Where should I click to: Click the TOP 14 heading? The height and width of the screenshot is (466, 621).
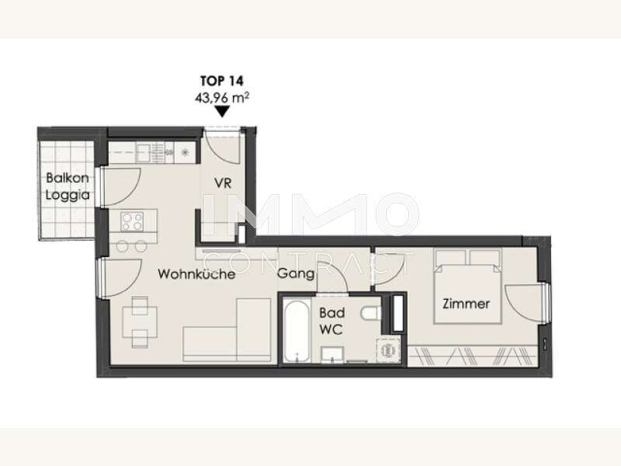[222, 81]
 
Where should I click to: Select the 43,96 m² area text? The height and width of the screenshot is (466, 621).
[222, 98]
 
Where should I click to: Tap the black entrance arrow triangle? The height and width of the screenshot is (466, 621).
[222, 112]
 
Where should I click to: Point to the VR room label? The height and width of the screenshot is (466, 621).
[223, 183]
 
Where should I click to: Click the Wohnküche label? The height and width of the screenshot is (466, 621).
[196, 274]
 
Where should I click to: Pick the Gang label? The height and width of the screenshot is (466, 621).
[296, 274]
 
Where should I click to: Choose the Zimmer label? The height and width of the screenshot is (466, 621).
[467, 304]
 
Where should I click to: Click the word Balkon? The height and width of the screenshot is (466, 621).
[68, 178]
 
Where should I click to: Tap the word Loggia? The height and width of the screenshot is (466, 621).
[68, 195]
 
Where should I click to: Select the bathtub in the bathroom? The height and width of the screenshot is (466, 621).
[297, 331]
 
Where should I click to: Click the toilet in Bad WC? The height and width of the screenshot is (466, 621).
[371, 313]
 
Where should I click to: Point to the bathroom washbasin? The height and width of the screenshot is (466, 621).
[332, 354]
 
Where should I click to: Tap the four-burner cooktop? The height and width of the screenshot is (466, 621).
[132, 221]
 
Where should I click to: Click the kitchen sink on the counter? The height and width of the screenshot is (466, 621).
[144, 152]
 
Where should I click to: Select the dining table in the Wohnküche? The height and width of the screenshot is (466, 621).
[140, 322]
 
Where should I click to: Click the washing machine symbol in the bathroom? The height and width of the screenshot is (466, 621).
[387, 350]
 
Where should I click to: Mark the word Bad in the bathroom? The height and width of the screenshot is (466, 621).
[332, 313]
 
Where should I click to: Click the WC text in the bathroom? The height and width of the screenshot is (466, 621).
[331, 329]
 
